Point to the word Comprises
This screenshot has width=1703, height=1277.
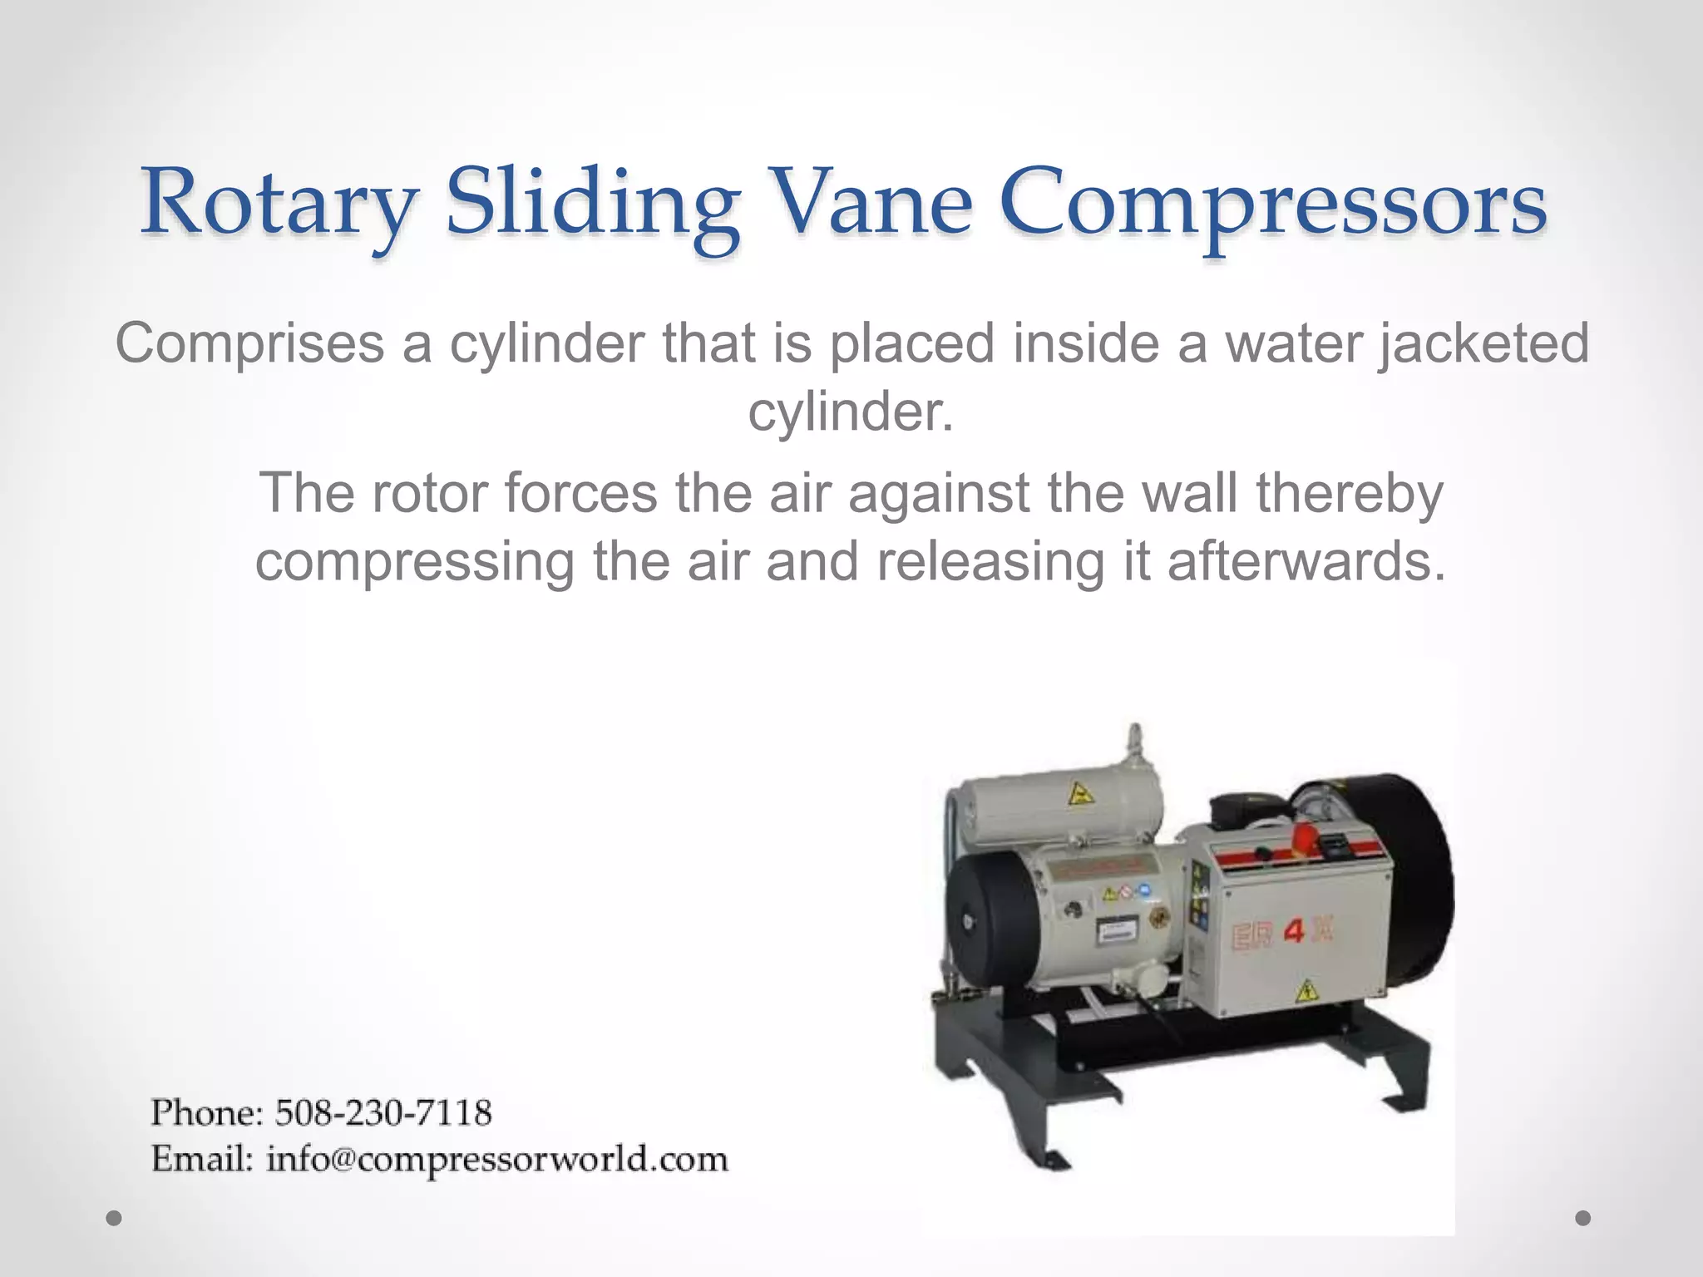click(x=249, y=343)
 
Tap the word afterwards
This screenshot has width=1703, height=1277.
click(x=1306, y=561)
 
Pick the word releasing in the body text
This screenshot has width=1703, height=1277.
click(x=990, y=561)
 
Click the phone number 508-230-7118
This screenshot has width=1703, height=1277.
click(x=383, y=1112)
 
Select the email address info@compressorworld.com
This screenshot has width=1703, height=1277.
click(x=497, y=1159)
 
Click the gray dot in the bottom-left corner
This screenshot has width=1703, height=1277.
click(x=115, y=1219)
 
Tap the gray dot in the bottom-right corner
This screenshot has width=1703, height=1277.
click(x=1583, y=1218)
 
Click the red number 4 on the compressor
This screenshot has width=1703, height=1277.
click(x=1296, y=932)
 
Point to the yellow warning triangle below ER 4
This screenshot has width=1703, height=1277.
click(x=1306, y=990)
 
